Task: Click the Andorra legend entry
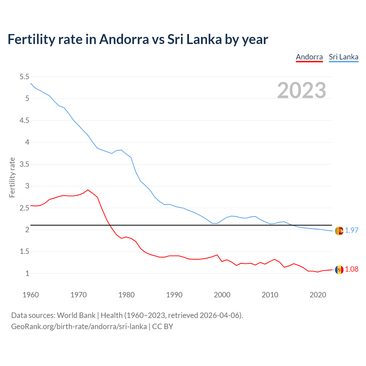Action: coord(309,57)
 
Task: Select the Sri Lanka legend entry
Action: coord(343,57)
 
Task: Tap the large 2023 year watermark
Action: coord(302,90)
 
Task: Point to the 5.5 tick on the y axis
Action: coord(24,77)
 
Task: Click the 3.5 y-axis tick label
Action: coord(24,164)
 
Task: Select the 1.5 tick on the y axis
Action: coord(24,252)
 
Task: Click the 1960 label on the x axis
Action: coord(31,295)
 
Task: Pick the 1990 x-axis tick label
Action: coord(174,295)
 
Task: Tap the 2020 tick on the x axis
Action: coord(318,295)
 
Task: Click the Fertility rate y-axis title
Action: coord(12,177)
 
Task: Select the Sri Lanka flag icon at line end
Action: coord(339,231)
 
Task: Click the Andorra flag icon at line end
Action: coord(339,270)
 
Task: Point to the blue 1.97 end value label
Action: coord(351,230)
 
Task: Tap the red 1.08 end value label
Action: coord(351,269)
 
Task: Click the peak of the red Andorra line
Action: coord(88,190)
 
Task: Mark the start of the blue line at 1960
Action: coord(31,83)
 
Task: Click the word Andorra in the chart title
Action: coord(124,39)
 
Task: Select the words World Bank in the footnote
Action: coord(76,315)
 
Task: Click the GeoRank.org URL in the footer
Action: coord(79,327)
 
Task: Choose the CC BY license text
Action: coord(163,327)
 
